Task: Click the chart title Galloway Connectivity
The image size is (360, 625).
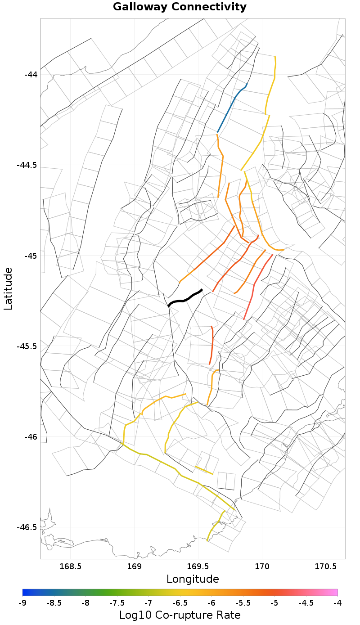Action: pos(180,7)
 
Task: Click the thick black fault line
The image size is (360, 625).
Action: pos(184,298)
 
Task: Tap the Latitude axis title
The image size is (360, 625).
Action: pos(8,288)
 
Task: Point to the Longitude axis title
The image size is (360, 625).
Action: pos(193,579)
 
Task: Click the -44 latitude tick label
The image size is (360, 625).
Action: pos(31,74)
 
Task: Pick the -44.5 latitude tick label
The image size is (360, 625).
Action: pos(28,165)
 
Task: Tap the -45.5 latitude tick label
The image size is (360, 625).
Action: pos(28,346)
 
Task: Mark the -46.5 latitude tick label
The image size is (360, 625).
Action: pos(28,527)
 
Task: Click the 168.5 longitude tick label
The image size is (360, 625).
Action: pos(71,566)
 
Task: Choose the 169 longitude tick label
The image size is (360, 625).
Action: pos(135,566)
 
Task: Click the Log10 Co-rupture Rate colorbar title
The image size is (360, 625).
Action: pos(180,615)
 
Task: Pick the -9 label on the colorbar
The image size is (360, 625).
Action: pos(22,603)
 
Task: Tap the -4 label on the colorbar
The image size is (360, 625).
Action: pos(337,603)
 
